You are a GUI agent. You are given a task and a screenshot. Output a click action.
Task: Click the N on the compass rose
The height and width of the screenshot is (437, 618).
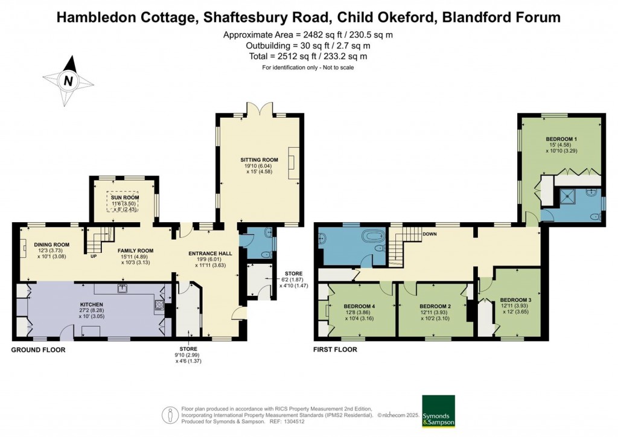(69, 81)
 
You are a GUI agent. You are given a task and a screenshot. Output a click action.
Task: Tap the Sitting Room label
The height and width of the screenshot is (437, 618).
(260, 159)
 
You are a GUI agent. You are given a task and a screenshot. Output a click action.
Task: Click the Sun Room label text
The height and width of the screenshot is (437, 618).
(124, 197)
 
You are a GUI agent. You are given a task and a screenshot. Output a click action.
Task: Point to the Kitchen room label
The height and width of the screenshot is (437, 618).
(92, 305)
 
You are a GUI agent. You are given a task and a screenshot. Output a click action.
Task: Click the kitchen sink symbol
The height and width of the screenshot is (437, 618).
(123, 288)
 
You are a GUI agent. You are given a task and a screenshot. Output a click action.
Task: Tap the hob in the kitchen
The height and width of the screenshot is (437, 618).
(160, 305)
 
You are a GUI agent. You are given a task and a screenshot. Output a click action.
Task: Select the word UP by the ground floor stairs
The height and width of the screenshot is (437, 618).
(94, 256)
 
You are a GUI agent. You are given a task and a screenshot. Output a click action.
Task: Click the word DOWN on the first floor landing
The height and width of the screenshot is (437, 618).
(430, 234)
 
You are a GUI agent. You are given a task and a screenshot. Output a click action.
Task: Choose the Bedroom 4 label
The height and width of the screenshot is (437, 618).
(359, 306)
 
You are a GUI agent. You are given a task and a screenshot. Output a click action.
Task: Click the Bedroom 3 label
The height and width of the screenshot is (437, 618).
(516, 300)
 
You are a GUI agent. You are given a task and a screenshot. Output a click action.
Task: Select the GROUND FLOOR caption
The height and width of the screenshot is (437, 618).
(38, 349)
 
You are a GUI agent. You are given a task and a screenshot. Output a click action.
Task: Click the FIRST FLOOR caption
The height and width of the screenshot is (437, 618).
(335, 349)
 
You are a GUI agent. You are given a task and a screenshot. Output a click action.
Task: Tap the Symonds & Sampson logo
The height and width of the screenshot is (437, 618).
(439, 412)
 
